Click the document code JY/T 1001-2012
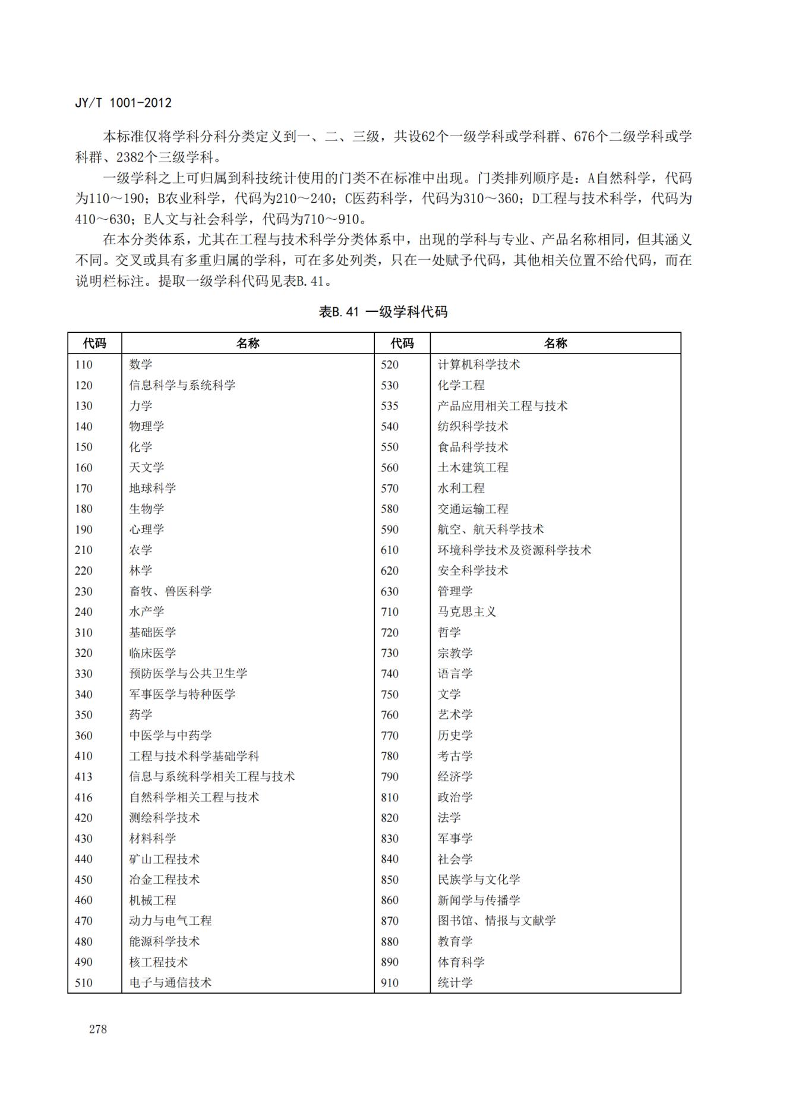tap(123, 103)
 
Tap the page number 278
tap(98, 1029)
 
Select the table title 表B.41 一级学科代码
tap(383, 311)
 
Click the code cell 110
tap(84, 364)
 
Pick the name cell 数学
tap(141, 364)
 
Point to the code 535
tap(390, 406)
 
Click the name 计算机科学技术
tap(479, 364)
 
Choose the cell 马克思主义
tap(467, 612)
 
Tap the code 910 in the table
tap(390, 982)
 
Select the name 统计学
tap(455, 982)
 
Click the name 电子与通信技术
tap(171, 982)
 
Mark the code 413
tap(84, 777)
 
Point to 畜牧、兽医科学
tap(171, 591)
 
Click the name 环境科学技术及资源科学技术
tap(514, 550)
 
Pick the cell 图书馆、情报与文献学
tap(497, 921)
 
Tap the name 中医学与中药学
tap(171, 735)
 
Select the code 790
tap(390, 777)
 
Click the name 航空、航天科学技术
tap(491, 530)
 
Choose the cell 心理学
tap(147, 530)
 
